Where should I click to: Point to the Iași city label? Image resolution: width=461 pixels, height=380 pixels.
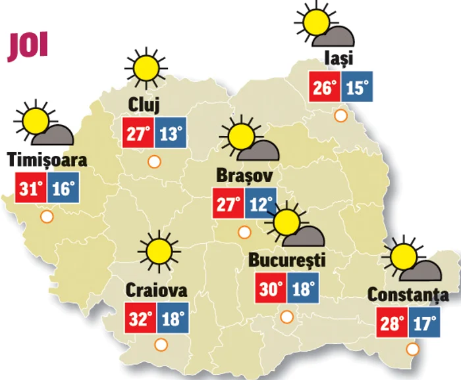tap(339, 59)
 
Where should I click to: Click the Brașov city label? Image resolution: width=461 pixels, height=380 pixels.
tap(244, 176)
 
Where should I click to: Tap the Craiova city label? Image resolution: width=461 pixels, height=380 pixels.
tap(156, 291)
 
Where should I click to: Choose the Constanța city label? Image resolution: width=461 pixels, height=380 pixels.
tap(408, 295)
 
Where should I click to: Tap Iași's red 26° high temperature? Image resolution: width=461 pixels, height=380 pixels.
tap(325, 87)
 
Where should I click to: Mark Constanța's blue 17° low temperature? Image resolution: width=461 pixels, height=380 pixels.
tap(423, 323)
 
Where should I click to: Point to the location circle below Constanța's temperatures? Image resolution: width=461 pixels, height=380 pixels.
tap(413, 348)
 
